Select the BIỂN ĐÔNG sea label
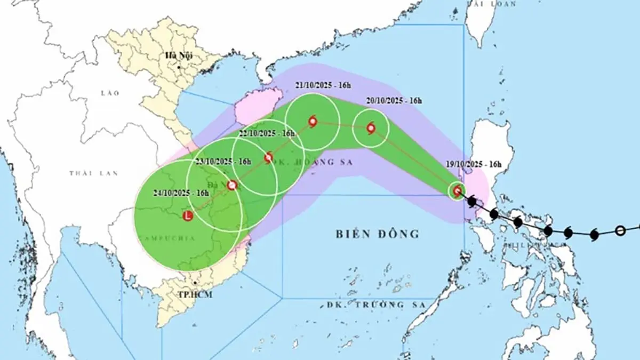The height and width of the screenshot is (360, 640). [378, 233]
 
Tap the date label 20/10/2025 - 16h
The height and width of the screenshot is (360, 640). [394, 100]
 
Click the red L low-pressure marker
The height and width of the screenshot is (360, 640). [187, 216]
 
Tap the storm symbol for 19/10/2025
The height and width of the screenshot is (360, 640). [457, 190]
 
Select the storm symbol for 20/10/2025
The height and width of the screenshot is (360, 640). [371, 128]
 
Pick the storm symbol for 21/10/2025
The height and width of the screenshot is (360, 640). [313, 122]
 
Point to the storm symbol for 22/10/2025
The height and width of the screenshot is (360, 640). [269, 157]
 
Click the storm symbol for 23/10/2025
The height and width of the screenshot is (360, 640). [232, 185]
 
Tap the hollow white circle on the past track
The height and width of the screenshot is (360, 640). [620, 230]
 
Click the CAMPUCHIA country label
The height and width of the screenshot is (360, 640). [160, 236]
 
